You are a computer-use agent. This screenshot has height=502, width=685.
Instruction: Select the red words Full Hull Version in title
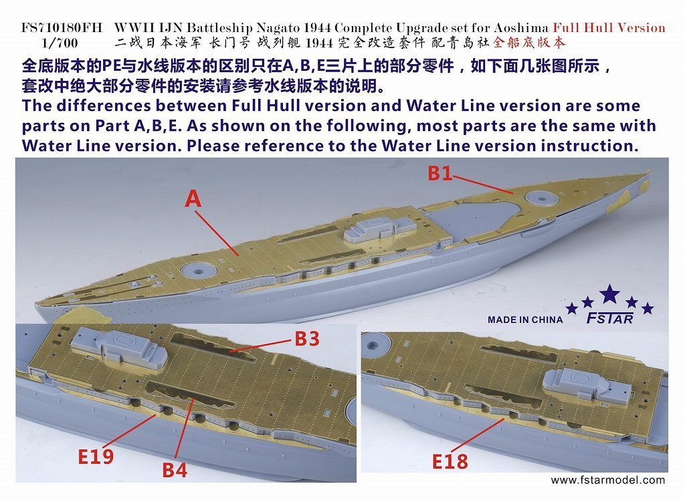(609, 27)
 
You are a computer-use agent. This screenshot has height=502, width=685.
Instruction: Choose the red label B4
(175, 469)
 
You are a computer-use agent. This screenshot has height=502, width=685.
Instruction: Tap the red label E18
(450, 461)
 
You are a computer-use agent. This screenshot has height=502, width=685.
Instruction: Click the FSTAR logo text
(609, 319)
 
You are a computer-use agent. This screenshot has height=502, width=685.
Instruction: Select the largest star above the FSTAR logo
(609, 294)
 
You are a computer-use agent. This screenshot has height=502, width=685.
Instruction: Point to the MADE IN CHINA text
(525, 320)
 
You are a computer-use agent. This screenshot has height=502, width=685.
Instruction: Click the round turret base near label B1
(539, 198)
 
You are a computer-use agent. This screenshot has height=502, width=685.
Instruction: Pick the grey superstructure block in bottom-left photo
(116, 347)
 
